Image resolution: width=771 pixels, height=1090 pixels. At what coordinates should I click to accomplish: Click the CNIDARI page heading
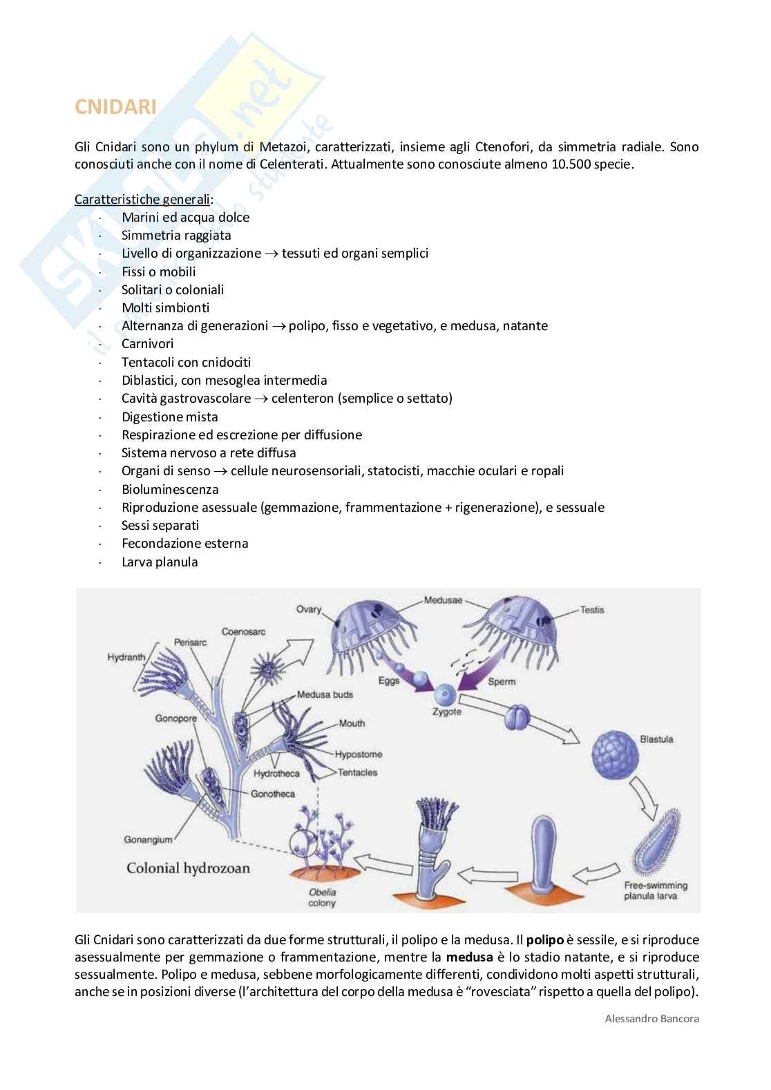[x=115, y=107]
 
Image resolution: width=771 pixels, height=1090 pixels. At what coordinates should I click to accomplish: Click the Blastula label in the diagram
[x=656, y=738]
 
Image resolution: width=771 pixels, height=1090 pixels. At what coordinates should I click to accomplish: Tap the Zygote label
[x=446, y=711]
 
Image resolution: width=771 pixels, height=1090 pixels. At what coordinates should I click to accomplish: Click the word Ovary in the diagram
[x=309, y=609]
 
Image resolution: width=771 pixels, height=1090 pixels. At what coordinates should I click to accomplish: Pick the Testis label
[x=592, y=610]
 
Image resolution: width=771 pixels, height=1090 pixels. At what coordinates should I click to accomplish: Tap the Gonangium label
[x=148, y=840]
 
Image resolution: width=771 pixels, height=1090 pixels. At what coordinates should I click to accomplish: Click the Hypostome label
[x=358, y=754]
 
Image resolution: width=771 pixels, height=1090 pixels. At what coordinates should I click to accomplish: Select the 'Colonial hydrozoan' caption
[x=188, y=868]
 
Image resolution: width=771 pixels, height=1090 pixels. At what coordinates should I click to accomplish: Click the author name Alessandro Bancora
[x=651, y=1018]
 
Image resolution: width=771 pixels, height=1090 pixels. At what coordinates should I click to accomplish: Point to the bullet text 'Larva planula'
[x=160, y=562]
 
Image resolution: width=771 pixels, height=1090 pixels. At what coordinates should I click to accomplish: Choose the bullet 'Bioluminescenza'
[x=170, y=489]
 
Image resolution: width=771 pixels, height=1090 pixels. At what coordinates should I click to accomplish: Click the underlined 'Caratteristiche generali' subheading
[x=142, y=199]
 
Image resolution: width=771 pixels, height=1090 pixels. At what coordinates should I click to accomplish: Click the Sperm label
[x=502, y=681]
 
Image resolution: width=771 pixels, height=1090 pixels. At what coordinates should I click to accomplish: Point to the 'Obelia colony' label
[x=322, y=897]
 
